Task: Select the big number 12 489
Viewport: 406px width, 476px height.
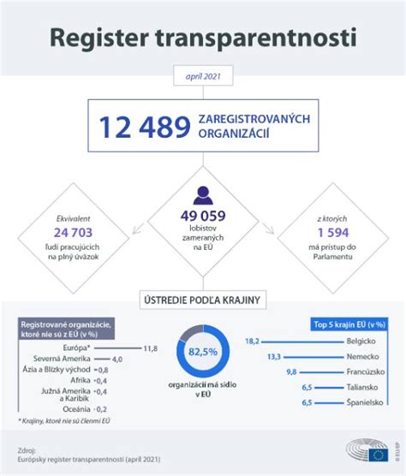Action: (144, 128)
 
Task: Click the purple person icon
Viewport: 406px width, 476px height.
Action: (203, 194)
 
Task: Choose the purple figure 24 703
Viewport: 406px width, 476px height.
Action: (74, 232)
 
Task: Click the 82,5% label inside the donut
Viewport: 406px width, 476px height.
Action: (203, 352)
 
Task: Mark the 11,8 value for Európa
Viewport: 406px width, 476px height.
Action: (151, 348)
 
